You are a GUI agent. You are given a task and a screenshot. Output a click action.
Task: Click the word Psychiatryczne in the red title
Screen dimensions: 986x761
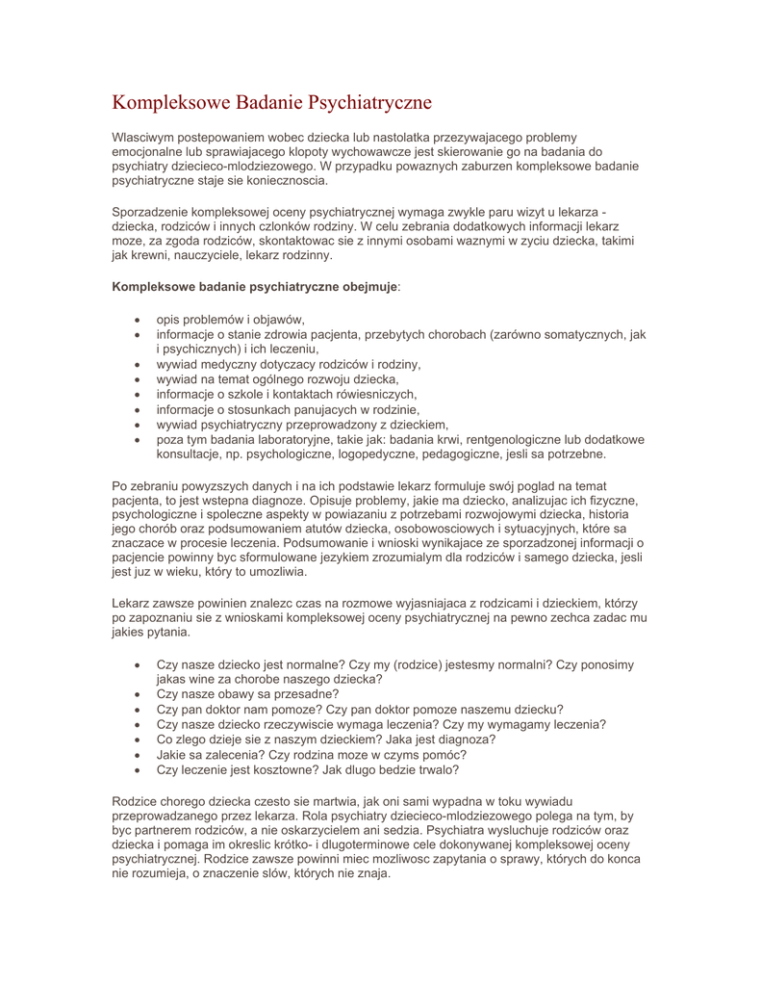click(369, 102)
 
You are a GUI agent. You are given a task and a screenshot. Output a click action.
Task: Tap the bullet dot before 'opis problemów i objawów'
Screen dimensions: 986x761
click(140, 320)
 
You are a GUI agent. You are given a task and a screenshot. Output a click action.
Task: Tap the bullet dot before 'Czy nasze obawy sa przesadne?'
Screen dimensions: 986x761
click(140, 694)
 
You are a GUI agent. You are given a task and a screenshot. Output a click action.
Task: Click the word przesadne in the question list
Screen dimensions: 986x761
click(304, 694)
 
